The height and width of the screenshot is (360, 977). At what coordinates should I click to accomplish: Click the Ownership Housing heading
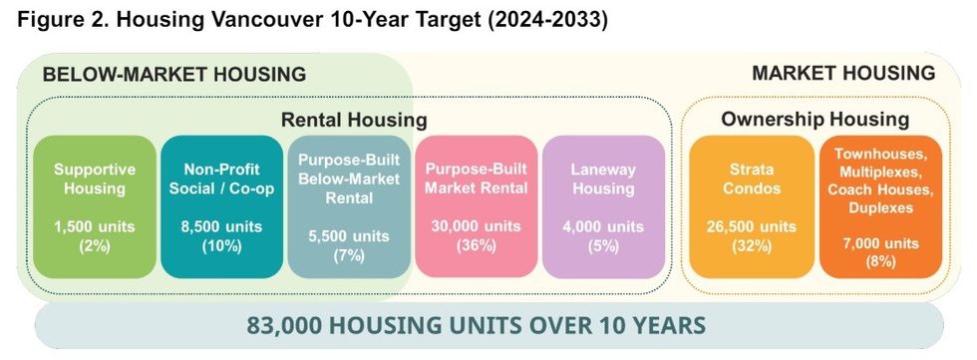pos(814,120)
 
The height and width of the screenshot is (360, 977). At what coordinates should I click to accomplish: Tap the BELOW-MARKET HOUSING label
pos(173,74)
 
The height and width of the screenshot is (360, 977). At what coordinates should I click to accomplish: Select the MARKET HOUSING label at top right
pos(843,73)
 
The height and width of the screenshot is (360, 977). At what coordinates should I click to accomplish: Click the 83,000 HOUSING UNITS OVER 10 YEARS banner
pos(489,325)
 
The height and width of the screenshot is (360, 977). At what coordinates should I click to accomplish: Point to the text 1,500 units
pos(94,225)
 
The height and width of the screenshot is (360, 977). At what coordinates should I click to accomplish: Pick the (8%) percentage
pos(879,261)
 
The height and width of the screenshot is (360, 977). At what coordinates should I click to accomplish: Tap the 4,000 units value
pos(603,225)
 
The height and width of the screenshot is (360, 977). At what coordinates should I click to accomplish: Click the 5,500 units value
pos(349,236)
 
